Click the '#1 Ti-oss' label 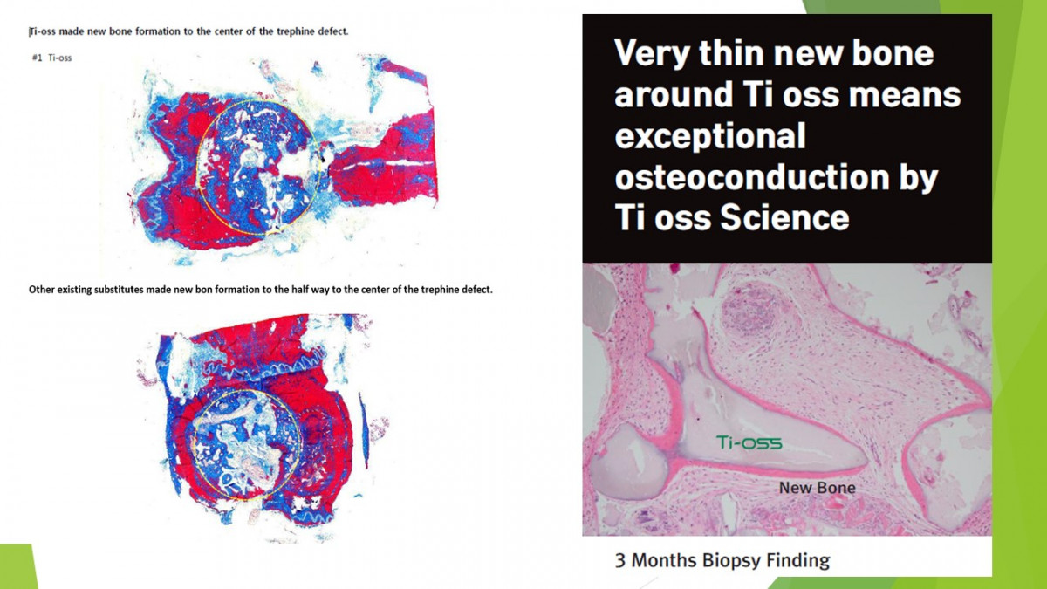tap(51, 58)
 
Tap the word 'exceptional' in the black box tap(710, 136)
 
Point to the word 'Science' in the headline tap(784, 218)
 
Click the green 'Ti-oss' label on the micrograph tap(749, 442)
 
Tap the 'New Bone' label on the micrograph tap(817, 488)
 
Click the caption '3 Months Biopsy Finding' tap(722, 560)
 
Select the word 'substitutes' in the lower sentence tap(119, 290)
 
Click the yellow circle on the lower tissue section tap(193, 444)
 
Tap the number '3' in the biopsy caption tap(619, 560)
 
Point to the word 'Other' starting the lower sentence tap(41, 290)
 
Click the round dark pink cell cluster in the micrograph tap(751, 311)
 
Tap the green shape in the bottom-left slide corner tap(17, 566)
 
